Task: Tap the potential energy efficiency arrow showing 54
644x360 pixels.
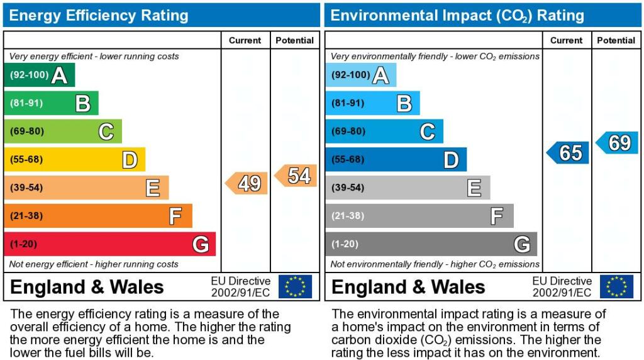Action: pos(296,176)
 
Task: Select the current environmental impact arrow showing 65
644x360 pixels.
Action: pos(569,152)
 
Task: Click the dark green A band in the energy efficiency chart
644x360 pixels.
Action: pos(39,75)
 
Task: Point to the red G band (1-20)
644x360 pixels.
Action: pos(109,244)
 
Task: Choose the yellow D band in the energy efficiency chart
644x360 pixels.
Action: pos(74,159)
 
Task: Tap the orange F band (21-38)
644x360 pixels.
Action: pos(97,216)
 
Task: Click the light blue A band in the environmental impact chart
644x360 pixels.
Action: pos(360,75)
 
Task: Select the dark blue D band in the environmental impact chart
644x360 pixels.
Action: pos(396,159)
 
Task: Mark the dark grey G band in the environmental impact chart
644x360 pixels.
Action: pos(431,244)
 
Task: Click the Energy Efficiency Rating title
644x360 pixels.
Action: pos(99,15)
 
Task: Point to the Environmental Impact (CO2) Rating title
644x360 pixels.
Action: pos(457,15)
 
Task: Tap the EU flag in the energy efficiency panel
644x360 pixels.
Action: pos(295,286)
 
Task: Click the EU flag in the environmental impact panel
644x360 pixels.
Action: pos(616,286)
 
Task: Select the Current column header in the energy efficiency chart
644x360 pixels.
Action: pos(245,40)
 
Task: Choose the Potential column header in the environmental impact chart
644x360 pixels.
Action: pos(616,40)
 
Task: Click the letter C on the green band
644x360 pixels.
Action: pos(106,132)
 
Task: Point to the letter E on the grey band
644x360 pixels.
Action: pos(474,188)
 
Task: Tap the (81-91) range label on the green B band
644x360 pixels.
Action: pos(26,103)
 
